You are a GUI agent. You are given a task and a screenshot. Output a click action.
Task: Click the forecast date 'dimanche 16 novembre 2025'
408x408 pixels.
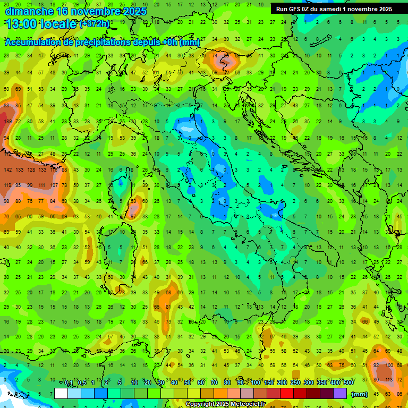click(x=74, y=11)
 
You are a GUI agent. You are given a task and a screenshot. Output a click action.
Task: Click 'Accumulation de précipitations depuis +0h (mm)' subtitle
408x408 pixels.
click(x=102, y=42)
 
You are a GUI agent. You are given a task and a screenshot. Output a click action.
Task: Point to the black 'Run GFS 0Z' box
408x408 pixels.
click(x=334, y=9)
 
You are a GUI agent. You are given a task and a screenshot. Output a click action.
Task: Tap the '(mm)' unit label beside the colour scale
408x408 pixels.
click(x=360, y=394)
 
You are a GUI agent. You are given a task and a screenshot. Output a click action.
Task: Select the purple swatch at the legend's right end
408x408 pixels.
click(x=340, y=394)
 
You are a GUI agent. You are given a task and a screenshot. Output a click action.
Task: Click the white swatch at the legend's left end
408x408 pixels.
click(x=61, y=394)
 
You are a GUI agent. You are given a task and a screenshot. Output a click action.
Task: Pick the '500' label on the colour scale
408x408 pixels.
click(x=348, y=383)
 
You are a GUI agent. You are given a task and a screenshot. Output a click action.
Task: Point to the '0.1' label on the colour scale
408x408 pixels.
click(x=68, y=383)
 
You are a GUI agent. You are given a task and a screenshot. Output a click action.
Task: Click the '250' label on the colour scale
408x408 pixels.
click(x=295, y=383)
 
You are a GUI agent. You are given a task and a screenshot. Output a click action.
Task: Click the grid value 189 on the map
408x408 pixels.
click(x=7, y=122)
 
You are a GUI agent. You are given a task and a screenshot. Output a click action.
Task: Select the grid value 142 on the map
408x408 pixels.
click(x=7, y=169)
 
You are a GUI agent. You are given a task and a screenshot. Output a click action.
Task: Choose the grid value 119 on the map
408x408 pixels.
click(x=7, y=185)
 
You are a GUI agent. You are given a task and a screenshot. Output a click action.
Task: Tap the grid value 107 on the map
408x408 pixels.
click(x=53, y=185)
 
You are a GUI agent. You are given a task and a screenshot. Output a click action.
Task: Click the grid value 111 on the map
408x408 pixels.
click(x=41, y=185)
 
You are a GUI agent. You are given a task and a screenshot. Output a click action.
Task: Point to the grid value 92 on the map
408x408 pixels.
click(x=377, y=365)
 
